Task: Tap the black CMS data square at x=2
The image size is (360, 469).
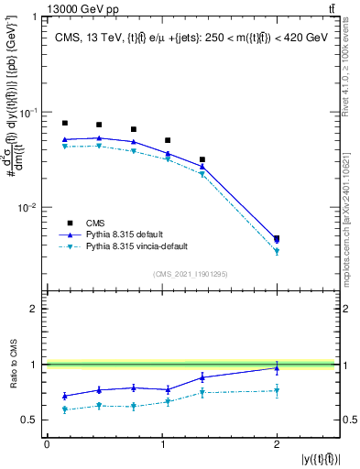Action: pos(277,238)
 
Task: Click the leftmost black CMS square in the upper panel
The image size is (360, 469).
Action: pos(64,123)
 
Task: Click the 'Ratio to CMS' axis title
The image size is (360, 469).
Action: pos(13,365)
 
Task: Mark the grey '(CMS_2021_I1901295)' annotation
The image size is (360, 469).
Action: pos(191,273)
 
